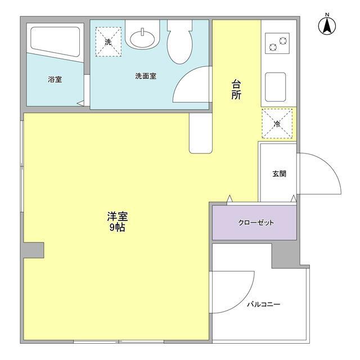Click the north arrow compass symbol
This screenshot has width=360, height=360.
(326, 24)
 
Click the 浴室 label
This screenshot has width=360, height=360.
(55, 80)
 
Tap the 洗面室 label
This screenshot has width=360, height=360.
(145, 76)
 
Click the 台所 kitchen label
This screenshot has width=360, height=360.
(236, 90)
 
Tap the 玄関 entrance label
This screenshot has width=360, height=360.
(280, 174)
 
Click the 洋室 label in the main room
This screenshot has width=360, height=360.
(117, 217)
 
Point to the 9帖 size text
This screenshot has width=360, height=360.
(117, 228)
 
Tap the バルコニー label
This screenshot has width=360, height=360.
(263, 304)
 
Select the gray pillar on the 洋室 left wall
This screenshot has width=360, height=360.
(34, 250)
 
